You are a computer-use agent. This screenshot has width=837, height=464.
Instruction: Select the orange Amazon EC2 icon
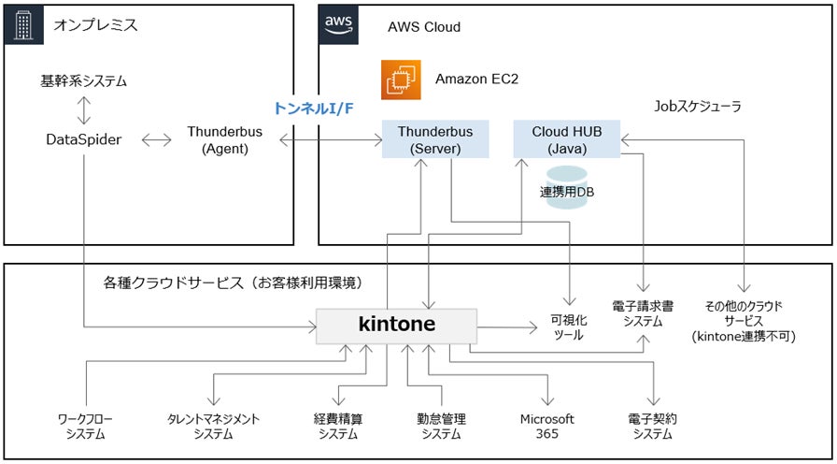click(401, 80)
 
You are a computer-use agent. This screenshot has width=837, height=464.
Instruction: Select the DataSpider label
click(83, 139)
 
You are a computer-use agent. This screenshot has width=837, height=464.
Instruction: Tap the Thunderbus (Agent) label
click(224, 139)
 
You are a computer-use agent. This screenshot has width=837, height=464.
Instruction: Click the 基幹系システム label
click(83, 81)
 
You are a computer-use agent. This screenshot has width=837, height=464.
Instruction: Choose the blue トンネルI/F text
click(314, 109)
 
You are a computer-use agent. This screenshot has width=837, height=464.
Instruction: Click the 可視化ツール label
click(568, 326)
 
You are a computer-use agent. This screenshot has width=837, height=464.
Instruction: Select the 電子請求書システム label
click(645, 312)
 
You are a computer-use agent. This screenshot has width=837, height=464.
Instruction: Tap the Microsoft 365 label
click(546, 426)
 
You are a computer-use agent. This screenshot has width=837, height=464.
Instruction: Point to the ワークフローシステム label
click(85, 426)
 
